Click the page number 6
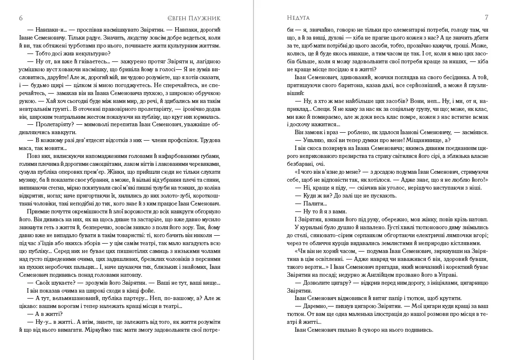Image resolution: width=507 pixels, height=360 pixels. [21, 18]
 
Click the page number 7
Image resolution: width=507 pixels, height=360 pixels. [487, 17]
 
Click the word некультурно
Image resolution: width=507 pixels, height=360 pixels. [93, 53]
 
